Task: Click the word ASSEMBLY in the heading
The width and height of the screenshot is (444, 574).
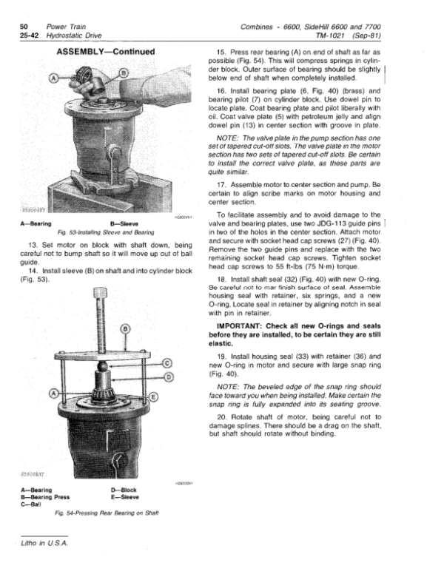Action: coord(84,52)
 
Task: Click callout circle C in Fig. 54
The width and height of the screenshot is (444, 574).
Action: coord(167,362)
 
